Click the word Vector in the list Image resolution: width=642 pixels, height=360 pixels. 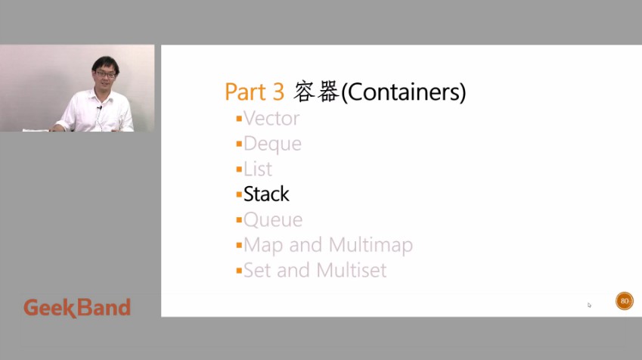coord(271,119)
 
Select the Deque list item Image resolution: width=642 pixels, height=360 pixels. coord(272,144)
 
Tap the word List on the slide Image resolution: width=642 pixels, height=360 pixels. coord(258,169)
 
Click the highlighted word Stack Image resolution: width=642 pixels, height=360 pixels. coord(266,194)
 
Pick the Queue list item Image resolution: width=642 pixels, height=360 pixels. coord(273,220)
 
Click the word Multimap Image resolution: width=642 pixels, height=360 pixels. coord(371,245)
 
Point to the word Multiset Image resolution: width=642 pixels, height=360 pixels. coord(352,270)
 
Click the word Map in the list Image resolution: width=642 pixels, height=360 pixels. coord(263,246)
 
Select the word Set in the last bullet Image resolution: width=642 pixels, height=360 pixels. coord(257,270)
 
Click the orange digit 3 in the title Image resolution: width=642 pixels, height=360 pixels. coord(278,92)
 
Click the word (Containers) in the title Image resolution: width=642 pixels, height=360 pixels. coord(403,92)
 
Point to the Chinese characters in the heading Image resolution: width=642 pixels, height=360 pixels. coord(316,92)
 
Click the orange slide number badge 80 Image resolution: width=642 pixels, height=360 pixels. coord(625,301)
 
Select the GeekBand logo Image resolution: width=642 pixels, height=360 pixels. coord(77,308)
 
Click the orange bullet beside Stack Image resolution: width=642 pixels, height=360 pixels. coord(239,194)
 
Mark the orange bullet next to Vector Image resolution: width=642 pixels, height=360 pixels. coord(239,119)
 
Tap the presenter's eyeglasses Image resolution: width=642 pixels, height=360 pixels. coord(106,75)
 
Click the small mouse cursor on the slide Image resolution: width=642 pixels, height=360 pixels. coord(589,305)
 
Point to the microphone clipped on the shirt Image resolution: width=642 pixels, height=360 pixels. coord(99,107)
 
